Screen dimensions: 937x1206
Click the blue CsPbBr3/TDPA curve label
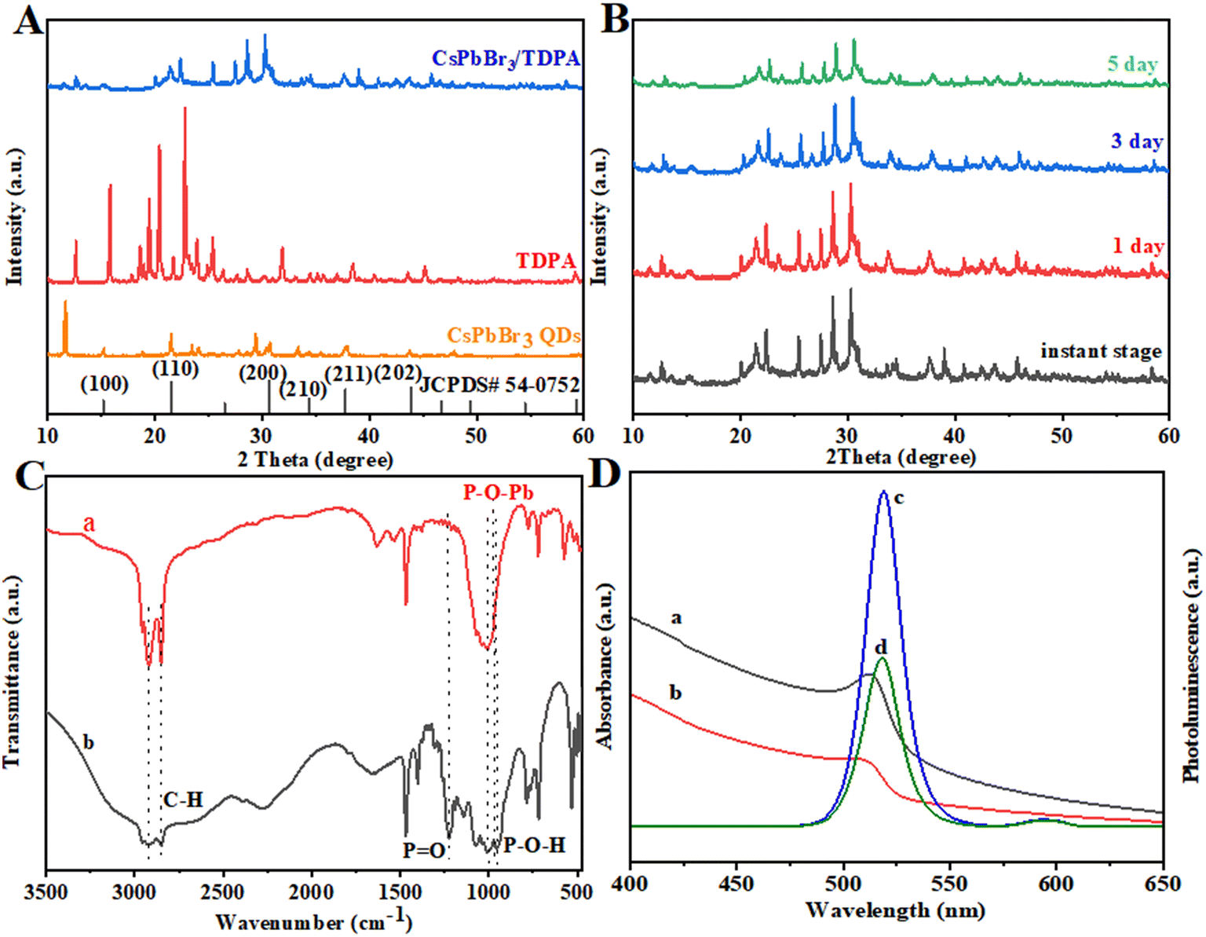[506, 58]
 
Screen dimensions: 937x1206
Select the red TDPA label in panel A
[546, 260]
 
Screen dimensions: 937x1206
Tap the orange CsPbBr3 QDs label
[514, 335]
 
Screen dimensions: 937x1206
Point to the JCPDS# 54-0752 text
[500, 385]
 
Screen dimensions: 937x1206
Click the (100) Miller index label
[104, 383]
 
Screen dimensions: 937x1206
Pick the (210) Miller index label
[303, 388]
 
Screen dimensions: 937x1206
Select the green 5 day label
[1132, 64]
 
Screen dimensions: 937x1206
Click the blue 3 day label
[1136, 141]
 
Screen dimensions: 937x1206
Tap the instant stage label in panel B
[1101, 350]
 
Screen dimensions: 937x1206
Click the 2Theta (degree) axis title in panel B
[901, 456]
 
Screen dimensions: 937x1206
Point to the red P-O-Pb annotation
[499, 492]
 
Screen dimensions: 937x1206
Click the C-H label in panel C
[183, 800]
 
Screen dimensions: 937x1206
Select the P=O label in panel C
[424, 850]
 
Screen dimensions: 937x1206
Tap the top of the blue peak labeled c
[883, 492]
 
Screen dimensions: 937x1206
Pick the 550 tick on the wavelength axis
[950, 884]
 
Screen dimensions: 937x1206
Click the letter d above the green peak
[881, 647]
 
